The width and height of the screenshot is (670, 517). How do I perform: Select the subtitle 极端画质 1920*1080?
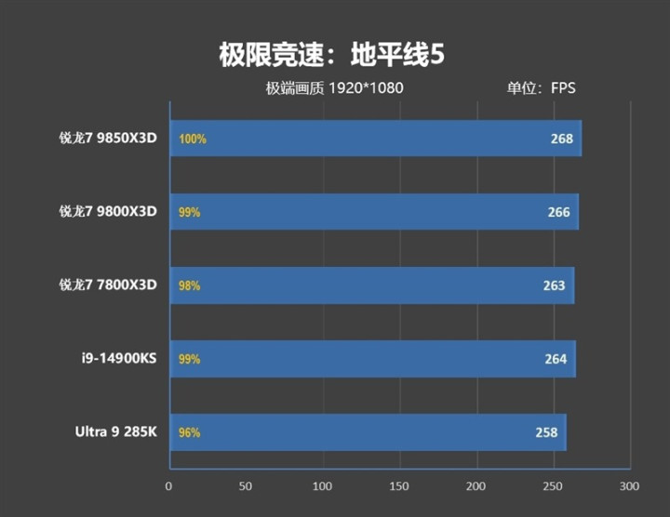tap(334, 89)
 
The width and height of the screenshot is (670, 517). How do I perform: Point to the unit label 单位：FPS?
tap(542, 89)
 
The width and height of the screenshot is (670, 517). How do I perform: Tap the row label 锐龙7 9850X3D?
tap(108, 139)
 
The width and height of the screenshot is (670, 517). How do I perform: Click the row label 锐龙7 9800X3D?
tap(108, 211)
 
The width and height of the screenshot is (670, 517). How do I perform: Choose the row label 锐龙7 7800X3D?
tap(108, 285)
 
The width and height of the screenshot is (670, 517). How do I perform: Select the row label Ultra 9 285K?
tap(115, 431)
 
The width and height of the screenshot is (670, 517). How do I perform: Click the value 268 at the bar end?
tap(562, 139)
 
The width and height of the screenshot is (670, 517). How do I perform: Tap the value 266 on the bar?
tap(559, 212)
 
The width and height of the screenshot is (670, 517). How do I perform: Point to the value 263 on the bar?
tap(555, 285)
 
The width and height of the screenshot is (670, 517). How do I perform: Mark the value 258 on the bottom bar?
tap(547, 432)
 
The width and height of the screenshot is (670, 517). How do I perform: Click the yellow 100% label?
tap(193, 139)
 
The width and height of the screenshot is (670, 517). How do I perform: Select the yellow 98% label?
tap(189, 285)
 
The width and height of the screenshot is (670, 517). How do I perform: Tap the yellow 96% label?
tap(189, 432)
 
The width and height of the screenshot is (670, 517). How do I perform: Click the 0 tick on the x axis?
tap(168, 486)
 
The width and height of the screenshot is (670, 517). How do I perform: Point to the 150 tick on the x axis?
tap(399, 486)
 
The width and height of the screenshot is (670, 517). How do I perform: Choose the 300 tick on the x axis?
tap(630, 486)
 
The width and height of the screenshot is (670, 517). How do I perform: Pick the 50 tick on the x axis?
tap(246, 486)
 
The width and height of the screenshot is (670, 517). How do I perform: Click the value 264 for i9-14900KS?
tap(556, 359)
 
